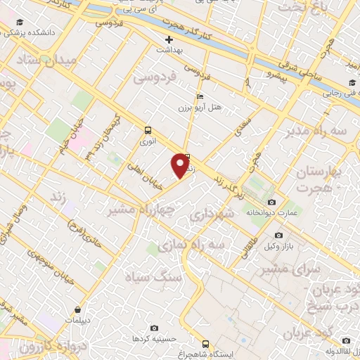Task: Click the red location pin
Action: [181, 165]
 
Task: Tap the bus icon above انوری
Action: [148, 130]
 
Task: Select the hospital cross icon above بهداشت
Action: [169, 39]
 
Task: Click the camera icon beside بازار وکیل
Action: [279, 236]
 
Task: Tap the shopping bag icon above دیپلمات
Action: [76, 309]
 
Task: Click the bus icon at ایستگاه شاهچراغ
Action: [205, 344]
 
